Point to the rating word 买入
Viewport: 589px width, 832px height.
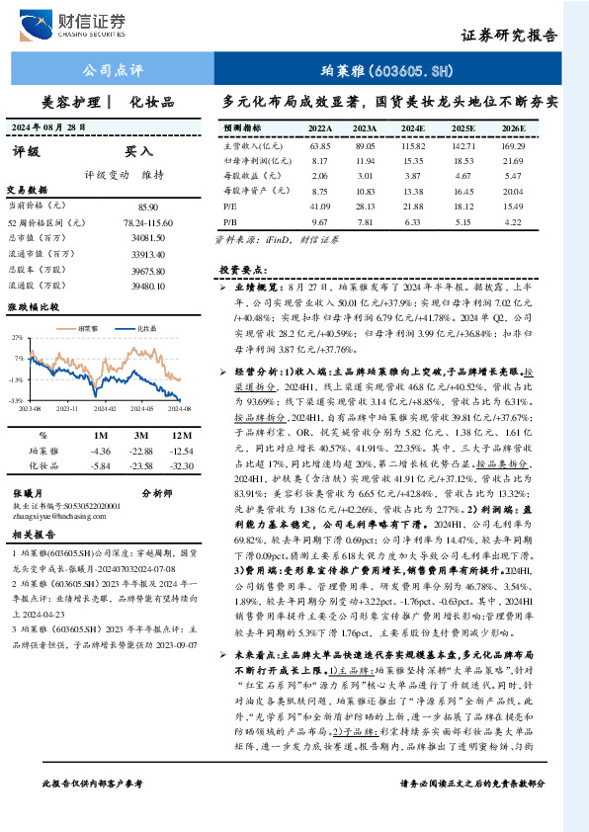coord(138,153)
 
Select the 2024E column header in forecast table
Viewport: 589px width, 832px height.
coord(411,128)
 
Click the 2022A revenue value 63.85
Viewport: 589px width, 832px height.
coord(319,144)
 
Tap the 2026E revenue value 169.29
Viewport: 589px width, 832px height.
coord(513,144)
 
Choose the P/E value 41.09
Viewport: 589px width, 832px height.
coord(319,206)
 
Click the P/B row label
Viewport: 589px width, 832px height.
coord(230,221)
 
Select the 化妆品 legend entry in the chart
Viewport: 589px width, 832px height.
coord(146,327)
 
